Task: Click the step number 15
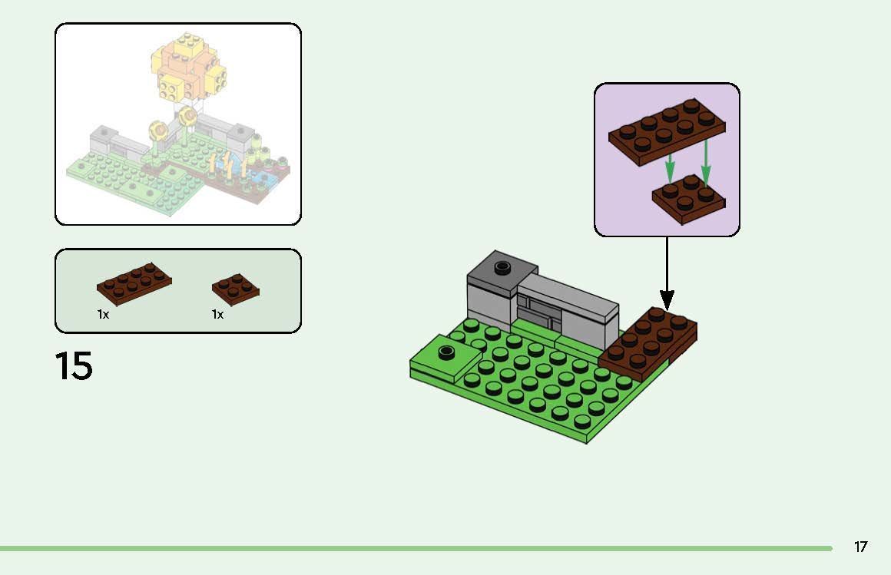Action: click(74, 366)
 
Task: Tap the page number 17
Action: click(860, 547)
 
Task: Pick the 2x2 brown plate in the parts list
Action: click(236, 287)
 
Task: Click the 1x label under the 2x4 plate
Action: click(103, 315)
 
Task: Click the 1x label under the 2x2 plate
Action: click(217, 315)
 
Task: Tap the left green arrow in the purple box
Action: click(670, 166)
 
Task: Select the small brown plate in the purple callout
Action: click(688, 197)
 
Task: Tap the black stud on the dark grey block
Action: click(503, 267)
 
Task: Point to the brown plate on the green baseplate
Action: click(647, 342)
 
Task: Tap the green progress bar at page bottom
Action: click(415, 548)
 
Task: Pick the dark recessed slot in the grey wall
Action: click(541, 314)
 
